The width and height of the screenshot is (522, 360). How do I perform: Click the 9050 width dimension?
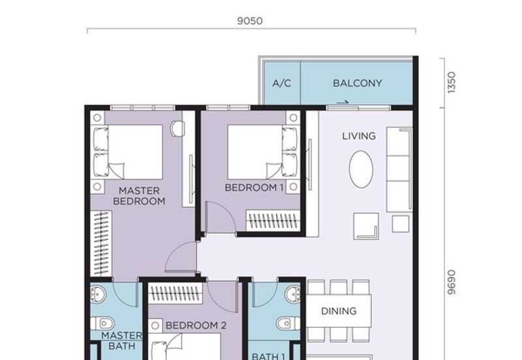pos(250,21)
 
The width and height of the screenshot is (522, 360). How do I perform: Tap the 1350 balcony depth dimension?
pos(451,83)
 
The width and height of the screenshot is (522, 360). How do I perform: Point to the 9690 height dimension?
pos(451,282)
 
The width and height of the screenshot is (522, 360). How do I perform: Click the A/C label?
pos(282,83)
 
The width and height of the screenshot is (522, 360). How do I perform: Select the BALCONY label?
pos(357,83)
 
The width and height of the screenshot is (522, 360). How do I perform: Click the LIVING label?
pos(359,136)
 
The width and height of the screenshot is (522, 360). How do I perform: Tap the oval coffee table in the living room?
pos(361,169)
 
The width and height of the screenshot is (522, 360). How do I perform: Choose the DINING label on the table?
pos(339,311)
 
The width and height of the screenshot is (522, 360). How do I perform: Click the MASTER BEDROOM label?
pos(139,196)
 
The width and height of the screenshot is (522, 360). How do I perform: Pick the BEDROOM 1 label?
pos(254,188)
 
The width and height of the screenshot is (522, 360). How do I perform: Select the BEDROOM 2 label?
pos(196,325)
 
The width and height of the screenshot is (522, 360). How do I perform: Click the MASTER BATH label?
pos(122,340)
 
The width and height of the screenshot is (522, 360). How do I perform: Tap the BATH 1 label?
pos(268,357)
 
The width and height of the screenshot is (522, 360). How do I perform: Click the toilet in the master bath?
pos(103,323)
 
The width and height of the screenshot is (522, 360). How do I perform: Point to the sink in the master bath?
pos(98,293)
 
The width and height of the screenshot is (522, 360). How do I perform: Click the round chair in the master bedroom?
pos(177,128)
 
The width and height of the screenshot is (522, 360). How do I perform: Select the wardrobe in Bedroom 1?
pos(273,220)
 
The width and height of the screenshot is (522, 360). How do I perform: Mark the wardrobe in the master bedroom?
pos(101,243)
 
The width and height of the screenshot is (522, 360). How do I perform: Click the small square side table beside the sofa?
pos(401,224)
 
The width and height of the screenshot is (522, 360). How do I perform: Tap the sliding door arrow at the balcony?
pos(343,102)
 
